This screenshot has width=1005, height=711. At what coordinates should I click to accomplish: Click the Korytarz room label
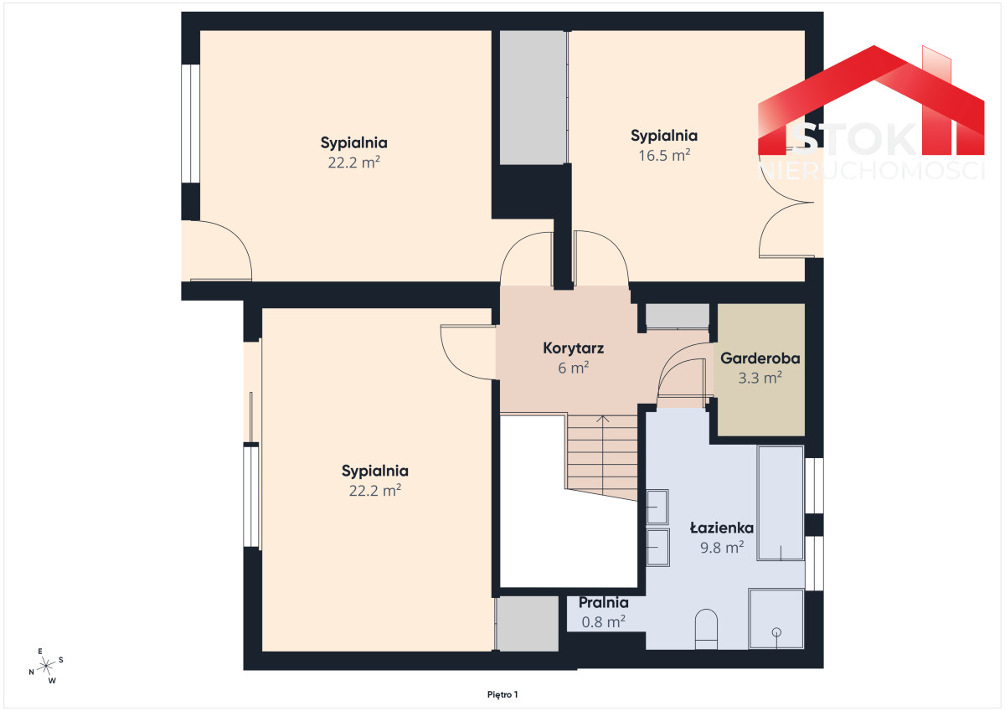pyautogui.click(x=573, y=348)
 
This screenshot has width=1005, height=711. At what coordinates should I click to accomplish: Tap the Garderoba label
pyautogui.click(x=760, y=358)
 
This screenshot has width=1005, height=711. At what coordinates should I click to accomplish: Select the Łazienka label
pyautogui.click(x=721, y=528)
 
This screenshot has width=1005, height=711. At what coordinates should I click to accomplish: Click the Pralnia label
pyautogui.click(x=604, y=603)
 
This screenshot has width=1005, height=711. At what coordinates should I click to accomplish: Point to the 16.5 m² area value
pyautogui.click(x=664, y=155)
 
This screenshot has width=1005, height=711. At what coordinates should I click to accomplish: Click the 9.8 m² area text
pyautogui.click(x=722, y=547)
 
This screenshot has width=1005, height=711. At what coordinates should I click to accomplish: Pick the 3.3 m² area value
pyautogui.click(x=760, y=378)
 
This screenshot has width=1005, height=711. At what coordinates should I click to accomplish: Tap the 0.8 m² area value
pyautogui.click(x=604, y=622)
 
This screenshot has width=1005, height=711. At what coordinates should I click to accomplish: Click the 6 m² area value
pyautogui.click(x=573, y=368)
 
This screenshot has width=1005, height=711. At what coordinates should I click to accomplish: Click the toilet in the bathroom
pyautogui.click(x=706, y=629)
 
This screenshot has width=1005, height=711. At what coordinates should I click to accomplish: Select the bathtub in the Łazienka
pyautogui.click(x=781, y=502)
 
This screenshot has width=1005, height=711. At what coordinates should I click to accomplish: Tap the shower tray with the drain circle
pyautogui.click(x=776, y=619)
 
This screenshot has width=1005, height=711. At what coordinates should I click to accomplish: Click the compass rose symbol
pyautogui.click(x=46, y=666)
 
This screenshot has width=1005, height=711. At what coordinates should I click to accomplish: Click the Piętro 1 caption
pyautogui.click(x=502, y=694)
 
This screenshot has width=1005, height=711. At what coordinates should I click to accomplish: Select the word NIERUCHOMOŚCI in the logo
pyautogui.click(x=871, y=172)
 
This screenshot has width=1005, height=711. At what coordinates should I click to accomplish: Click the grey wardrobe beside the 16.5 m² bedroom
pyautogui.click(x=533, y=97)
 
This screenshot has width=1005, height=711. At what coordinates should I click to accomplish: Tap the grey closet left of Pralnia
pyautogui.click(x=528, y=623)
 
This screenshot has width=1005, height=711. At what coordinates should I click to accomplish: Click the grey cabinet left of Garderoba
pyautogui.click(x=677, y=317)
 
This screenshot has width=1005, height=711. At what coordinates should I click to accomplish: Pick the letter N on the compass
pyautogui.click(x=32, y=672)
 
